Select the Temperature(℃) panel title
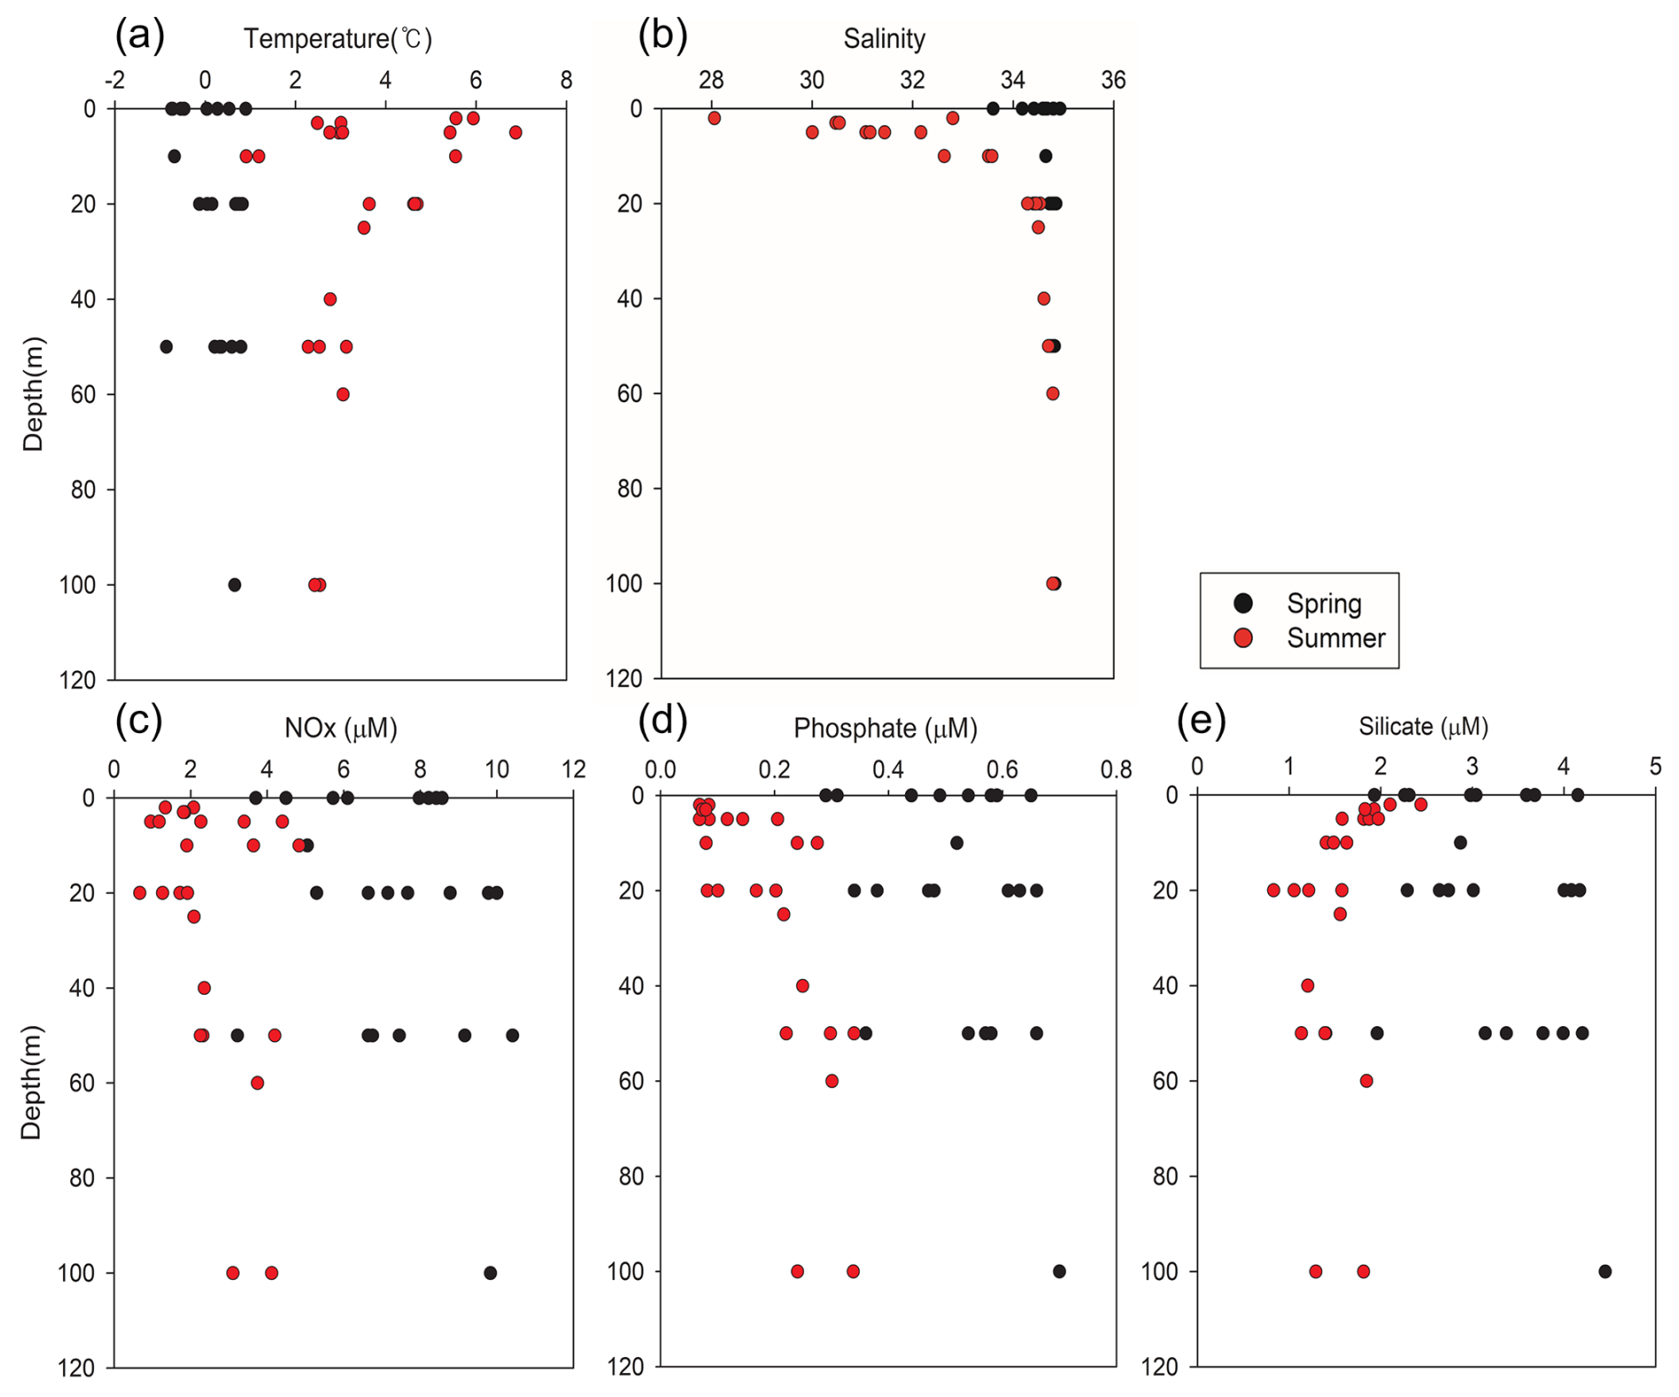point(338,39)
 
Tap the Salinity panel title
point(884,39)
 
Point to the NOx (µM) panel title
point(341,729)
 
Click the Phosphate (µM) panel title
point(885,729)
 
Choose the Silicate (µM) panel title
point(1423,727)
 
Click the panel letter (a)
point(140,36)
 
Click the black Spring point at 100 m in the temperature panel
point(234,585)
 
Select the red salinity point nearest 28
point(713,118)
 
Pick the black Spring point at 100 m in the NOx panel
point(490,1273)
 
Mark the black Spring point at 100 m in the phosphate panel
point(1059,1271)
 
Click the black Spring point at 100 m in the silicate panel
point(1604,1271)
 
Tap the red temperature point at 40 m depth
point(330,299)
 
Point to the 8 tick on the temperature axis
point(566,81)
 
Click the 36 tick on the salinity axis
point(1113,81)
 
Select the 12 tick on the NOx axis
point(573,770)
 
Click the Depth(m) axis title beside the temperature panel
point(34,394)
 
